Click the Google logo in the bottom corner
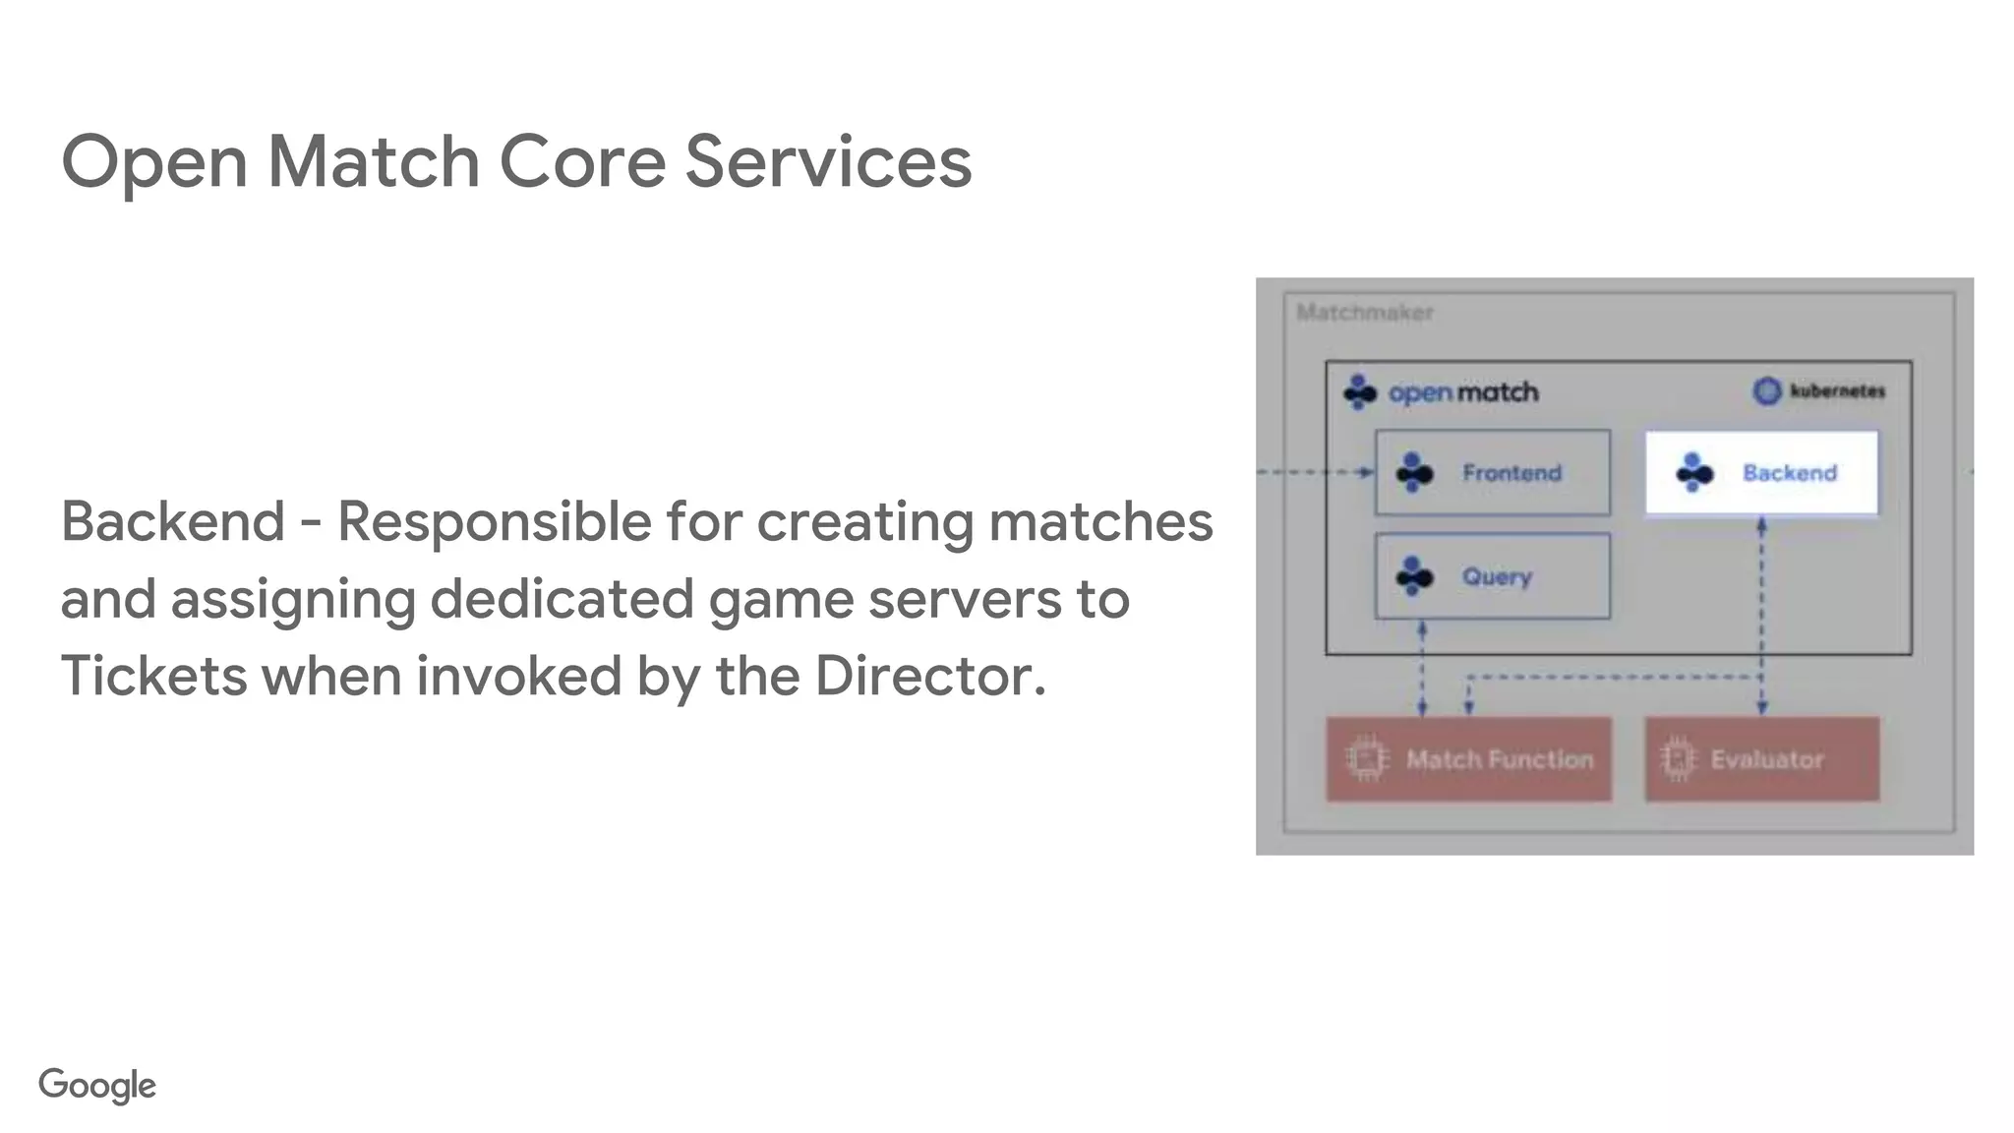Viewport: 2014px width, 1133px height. (97, 1085)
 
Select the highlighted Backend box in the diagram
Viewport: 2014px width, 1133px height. (1761, 473)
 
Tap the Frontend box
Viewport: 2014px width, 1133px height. (1492, 473)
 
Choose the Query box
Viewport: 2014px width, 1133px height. (1492, 576)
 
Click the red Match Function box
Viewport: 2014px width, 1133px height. (1468, 759)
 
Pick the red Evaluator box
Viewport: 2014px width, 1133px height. (1761, 759)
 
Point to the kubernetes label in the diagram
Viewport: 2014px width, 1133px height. (1836, 391)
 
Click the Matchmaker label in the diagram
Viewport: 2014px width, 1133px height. (1364, 313)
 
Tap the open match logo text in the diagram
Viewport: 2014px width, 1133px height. (1462, 392)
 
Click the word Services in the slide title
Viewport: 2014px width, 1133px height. (828, 161)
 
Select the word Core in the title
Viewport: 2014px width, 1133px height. (582, 161)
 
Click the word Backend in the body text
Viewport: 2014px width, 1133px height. (173, 521)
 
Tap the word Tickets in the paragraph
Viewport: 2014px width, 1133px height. (153, 676)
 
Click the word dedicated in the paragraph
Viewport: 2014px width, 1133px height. (562, 599)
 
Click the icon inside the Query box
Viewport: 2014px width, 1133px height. (1414, 576)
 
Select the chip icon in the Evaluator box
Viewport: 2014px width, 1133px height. (1678, 759)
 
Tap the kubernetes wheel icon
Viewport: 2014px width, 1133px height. (1767, 391)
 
